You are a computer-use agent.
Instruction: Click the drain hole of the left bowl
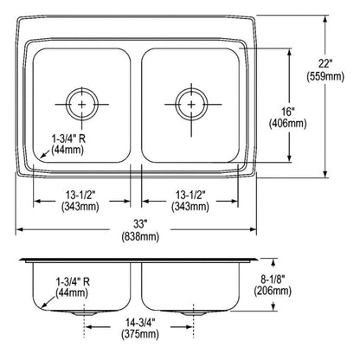point(83,103)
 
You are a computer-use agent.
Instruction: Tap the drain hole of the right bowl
point(190,103)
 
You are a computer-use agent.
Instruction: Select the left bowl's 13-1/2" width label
point(78,194)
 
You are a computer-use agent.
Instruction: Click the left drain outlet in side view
point(83,311)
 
